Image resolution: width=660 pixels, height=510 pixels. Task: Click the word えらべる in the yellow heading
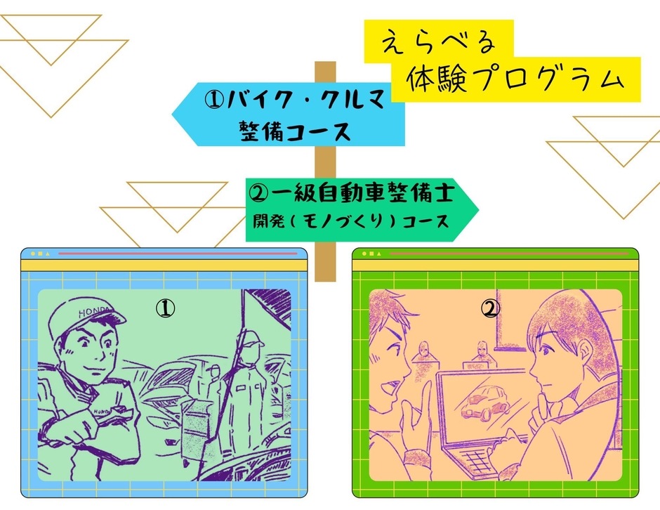pyautogui.click(x=439, y=43)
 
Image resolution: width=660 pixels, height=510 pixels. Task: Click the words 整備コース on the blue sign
pyautogui.click(x=294, y=131)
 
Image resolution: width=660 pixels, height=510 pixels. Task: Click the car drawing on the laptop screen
pyautogui.click(x=485, y=400)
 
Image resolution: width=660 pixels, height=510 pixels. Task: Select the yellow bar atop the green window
pyautogui.click(x=494, y=265)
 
